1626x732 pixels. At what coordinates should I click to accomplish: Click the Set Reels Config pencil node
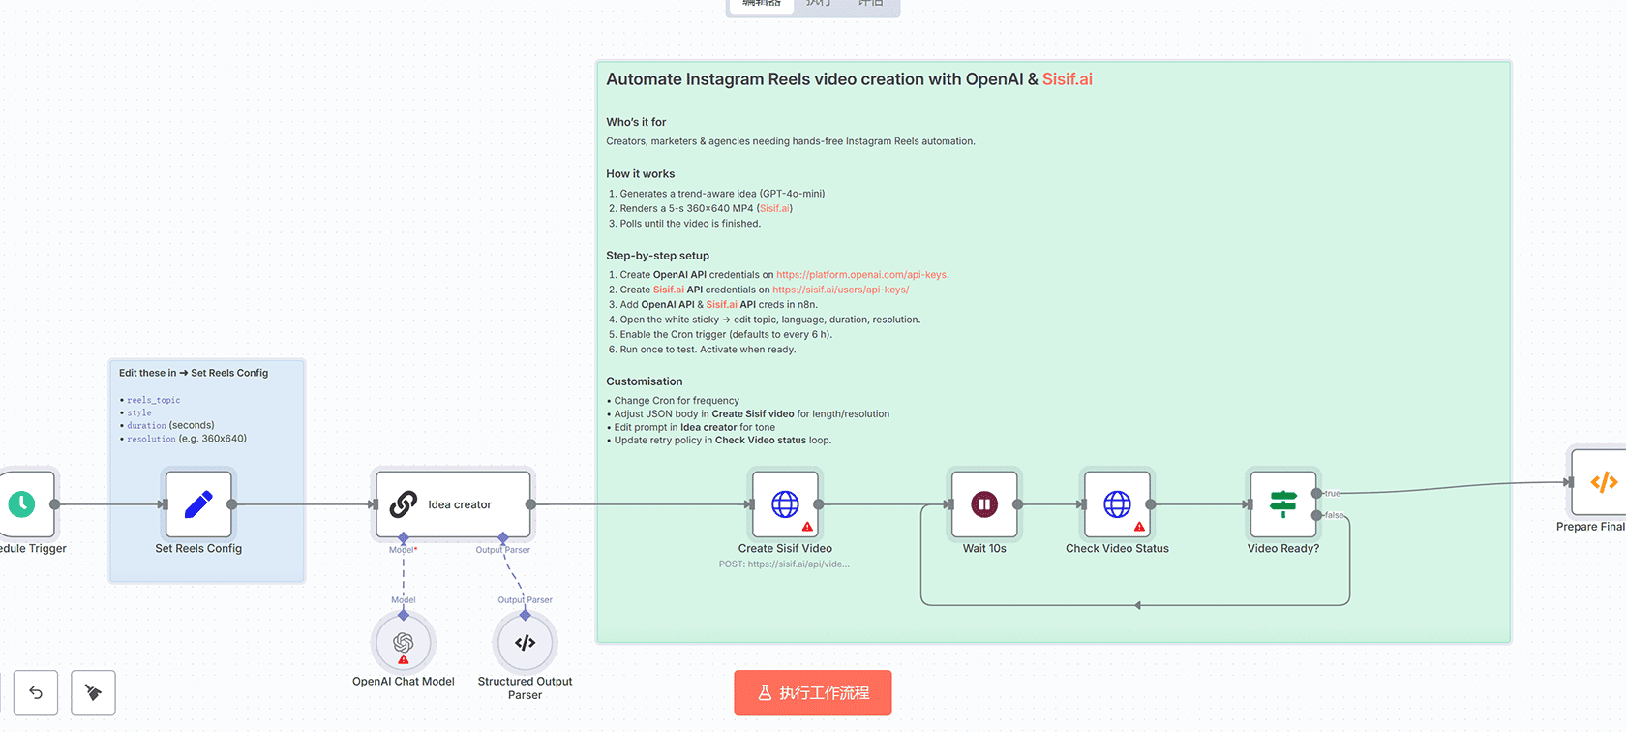(198, 504)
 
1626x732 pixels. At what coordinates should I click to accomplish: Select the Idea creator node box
(453, 504)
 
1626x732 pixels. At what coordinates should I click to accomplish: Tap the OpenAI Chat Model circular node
(404, 643)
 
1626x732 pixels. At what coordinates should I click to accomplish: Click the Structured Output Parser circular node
(525, 643)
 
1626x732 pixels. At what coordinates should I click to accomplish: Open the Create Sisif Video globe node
(785, 504)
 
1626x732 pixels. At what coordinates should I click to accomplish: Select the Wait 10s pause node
(984, 504)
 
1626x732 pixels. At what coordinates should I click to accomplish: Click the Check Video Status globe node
(1117, 504)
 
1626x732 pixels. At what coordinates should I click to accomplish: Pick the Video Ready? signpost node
(1283, 504)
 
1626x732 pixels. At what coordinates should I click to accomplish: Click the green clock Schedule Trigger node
(22, 504)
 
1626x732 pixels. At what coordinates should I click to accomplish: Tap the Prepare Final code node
(1602, 482)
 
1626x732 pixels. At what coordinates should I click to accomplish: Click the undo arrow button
(36, 692)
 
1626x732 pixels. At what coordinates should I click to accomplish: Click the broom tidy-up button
(93, 692)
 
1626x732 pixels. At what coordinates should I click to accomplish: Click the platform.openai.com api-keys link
(861, 275)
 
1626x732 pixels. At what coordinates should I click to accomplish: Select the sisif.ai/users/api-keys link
(840, 290)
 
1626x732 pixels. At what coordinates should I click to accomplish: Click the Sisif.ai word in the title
(1067, 79)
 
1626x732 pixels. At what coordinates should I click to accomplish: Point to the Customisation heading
(645, 381)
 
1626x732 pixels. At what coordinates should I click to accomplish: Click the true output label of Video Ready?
(1333, 494)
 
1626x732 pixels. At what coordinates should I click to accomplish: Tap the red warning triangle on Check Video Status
(1139, 528)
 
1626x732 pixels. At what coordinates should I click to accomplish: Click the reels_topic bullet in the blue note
(153, 400)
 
